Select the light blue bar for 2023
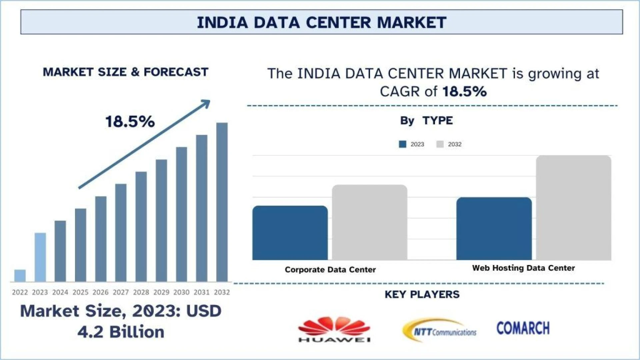tap(40, 257)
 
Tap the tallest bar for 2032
tap(222, 202)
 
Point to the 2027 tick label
tap(121, 292)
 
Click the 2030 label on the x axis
tap(181, 292)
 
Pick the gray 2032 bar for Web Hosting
tap(574, 208)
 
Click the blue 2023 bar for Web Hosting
tap(494, 229)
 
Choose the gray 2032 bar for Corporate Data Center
tap(370, 222)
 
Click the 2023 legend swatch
tap(403, 144)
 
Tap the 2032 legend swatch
tap(440, 144)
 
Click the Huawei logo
tap(334, 329)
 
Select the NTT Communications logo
tap(440, 330)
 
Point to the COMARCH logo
tap(523, 328)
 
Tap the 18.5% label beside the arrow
tap(130, 122)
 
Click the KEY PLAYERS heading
tap(422, 294)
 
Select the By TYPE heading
tap(426, 120)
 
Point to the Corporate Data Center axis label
tap(330, 269)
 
